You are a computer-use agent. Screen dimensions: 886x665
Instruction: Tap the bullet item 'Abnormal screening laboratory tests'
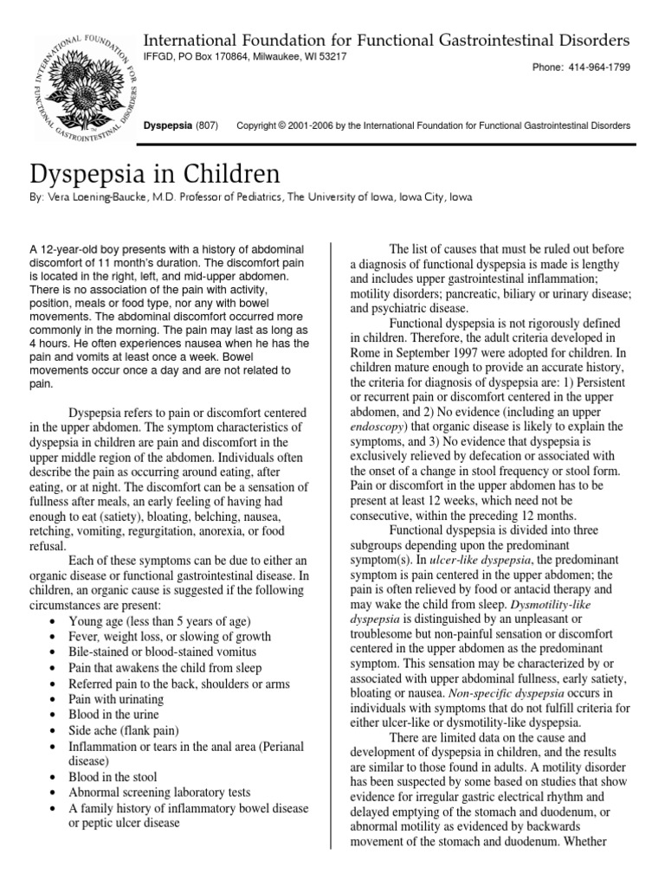tap(160, 793)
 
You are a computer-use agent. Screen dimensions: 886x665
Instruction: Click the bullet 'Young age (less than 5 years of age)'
tap(159, 621)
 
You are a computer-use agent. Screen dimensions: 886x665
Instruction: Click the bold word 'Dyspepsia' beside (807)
tap(168, 125)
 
